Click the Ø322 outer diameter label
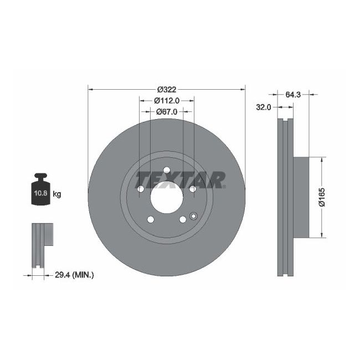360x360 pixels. pos(166,90)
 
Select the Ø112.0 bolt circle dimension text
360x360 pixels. pos(167,101)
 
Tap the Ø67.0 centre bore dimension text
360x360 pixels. pos(167,111)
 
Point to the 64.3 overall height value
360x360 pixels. pos(292,95)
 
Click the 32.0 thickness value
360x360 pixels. pos(263,107)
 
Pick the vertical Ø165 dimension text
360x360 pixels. pos(321,197)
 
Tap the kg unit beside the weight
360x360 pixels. pos(56,194)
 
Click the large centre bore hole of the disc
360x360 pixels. pos(166,197)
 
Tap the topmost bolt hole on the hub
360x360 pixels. pos(166,169)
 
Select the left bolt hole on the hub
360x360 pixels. pos(140,189)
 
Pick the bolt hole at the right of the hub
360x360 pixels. pos(192,189)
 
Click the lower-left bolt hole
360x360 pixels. pos(150,219)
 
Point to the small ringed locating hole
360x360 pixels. pos(193,216)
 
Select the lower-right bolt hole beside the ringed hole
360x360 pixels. pos(182,219)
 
